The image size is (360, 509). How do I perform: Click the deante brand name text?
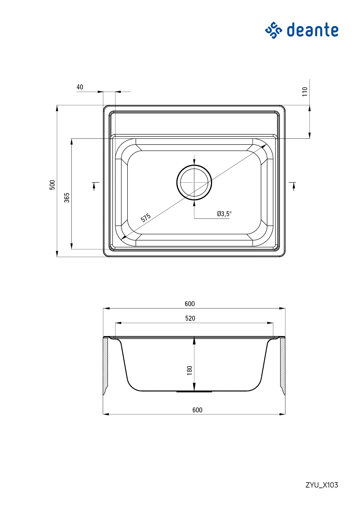[x=313, y=30]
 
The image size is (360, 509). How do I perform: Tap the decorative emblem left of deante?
[x=273, y=30]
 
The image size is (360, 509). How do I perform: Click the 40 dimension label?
[x=80, y=87]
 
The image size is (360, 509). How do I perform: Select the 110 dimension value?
[x=305, y=92]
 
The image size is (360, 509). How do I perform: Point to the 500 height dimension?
[x=52, y=185]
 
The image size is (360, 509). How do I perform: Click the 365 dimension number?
[x=67, y=198]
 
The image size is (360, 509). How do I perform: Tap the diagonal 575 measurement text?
[x=146, y=218]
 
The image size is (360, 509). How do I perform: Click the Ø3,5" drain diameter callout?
[x=224, y=214]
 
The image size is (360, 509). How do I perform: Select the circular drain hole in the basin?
[x=194, y=183]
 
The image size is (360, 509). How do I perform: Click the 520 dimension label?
[x=190, y=318]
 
